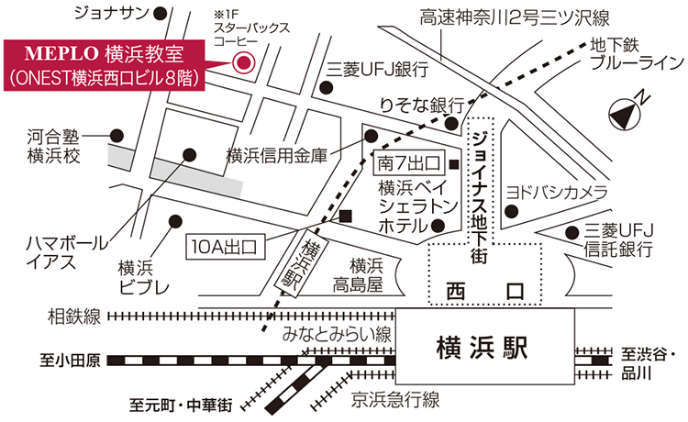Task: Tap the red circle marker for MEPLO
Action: coord(244,62)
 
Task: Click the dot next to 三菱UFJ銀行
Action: coord(326,88)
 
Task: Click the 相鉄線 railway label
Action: coord(73,317)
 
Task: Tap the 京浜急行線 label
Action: coord(395,399)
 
